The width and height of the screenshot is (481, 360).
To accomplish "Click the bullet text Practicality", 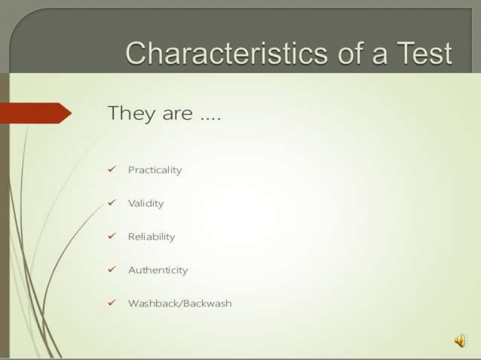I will click(x=155, y=170).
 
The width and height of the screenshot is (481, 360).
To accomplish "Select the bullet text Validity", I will click(x=146, y=203).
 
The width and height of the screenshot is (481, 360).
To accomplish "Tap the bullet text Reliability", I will click(x=151, y=236).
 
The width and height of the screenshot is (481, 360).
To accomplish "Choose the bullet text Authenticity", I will click(x=158, y=270).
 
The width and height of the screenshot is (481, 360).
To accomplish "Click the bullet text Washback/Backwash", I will click(x=179, y=304).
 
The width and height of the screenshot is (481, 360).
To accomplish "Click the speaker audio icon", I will click(x=460, y=341).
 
